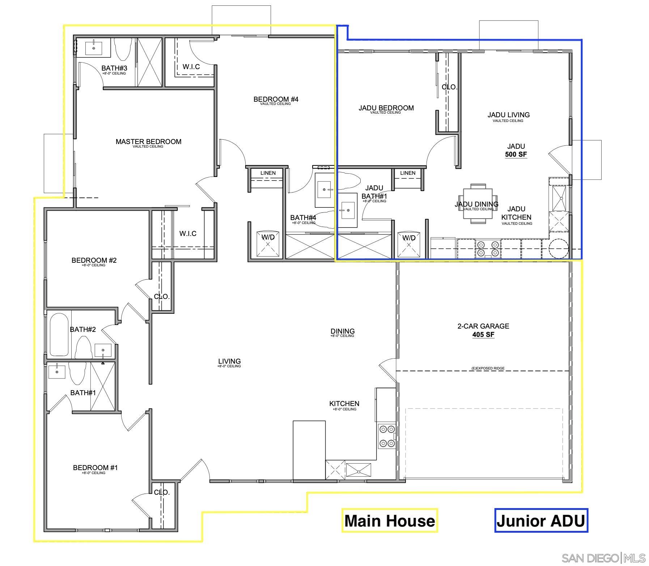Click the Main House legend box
click(x=390, y=521)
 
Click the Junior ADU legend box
click(x=541, y=521)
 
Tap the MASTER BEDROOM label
click(x=148, y=142)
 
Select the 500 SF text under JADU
click(x=516, y=155)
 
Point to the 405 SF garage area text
click(x=483, y=334)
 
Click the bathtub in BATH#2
click(x=59, y=335)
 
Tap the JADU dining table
click(x=478, y=204)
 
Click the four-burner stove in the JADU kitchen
click(x=488, y=248)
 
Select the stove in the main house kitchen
click(x=387, y=436)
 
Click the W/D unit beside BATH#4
click(x=268, y=244)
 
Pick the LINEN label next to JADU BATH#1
click(x=408, y=173)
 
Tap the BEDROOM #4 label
click(x=276, y=99)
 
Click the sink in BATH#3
click(x=94, y=48)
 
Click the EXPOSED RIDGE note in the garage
click(x=488, y=368)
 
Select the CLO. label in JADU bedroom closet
click(x=449, y=87)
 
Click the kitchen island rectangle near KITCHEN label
click(x=309, y=449)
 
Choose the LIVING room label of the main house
click(x=229, y=361)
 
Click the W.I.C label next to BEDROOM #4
click(x=191, y=67)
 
